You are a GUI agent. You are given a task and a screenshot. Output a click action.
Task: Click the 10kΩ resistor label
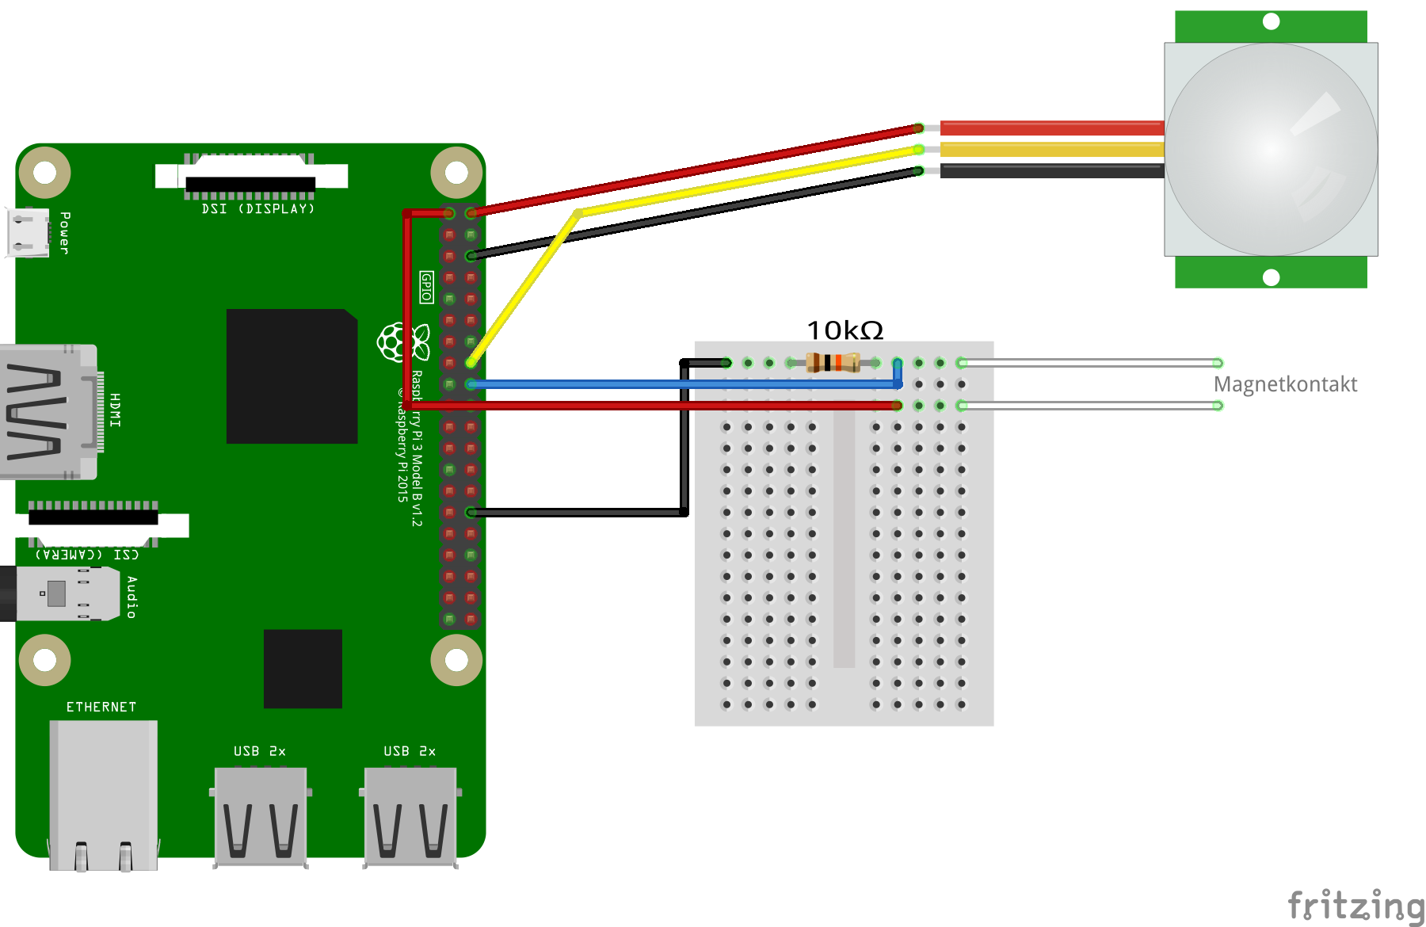click(x=845, y=330)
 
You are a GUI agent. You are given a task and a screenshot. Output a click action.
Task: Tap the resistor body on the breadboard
click(x=833, y=363)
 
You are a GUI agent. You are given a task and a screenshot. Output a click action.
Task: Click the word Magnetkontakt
click(x=1285, y=384)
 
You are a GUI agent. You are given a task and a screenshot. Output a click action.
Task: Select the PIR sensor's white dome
click(x=1271, y=149)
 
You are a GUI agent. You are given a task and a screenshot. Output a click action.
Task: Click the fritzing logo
click(x=1355, y=906)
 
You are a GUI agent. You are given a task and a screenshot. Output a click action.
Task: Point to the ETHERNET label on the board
click(x=101, y=707)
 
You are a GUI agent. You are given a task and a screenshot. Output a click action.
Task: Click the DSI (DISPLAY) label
click(x=258, y=209)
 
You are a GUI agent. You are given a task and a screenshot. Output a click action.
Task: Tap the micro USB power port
click(x=27, y=232)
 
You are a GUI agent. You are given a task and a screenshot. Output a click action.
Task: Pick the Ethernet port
click(x=103, y=792)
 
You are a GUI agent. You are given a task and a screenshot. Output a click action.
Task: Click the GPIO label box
click(x=426, y=287)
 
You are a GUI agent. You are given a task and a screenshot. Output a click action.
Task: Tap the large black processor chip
click(x=292, y=376)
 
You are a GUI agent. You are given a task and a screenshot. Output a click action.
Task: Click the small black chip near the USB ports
click(x=303, y=669)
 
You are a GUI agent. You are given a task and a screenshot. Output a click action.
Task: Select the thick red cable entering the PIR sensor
click(x=1052, y=128)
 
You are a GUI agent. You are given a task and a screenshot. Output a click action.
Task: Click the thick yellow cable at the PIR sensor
click(x=1052, y=150)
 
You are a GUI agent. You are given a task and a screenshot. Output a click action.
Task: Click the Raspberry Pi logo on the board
click(x=393, y=342)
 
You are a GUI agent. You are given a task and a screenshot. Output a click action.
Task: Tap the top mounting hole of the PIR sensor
click(x=1271, y=21)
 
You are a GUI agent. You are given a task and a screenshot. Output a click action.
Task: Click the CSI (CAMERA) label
click(x=87, y=554)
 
